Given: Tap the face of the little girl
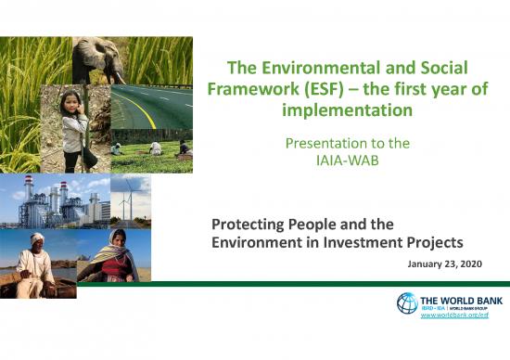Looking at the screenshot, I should [x=71, y=104].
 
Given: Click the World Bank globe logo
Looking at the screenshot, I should [x=407, y=303].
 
